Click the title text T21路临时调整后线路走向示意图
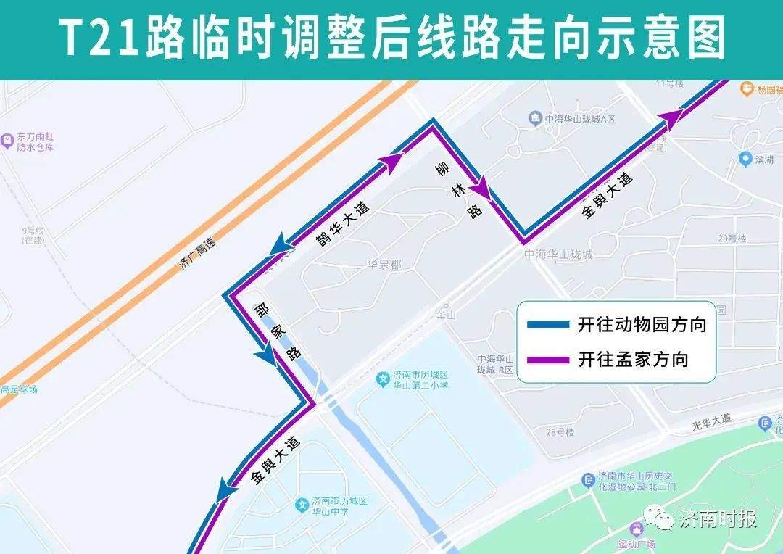(391, 38)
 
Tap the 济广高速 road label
(197, 255)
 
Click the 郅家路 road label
(277, 331)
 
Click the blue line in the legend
(548, 325)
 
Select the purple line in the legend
(548, 359)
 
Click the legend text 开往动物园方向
(642, 325)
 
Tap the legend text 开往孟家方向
(632, 359)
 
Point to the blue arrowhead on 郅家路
(265, 355)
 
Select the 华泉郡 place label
(384, 265)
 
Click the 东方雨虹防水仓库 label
(36, 142)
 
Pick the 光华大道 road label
(712, 419)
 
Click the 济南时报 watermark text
(718, 519)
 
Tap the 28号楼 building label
(560, 432)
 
